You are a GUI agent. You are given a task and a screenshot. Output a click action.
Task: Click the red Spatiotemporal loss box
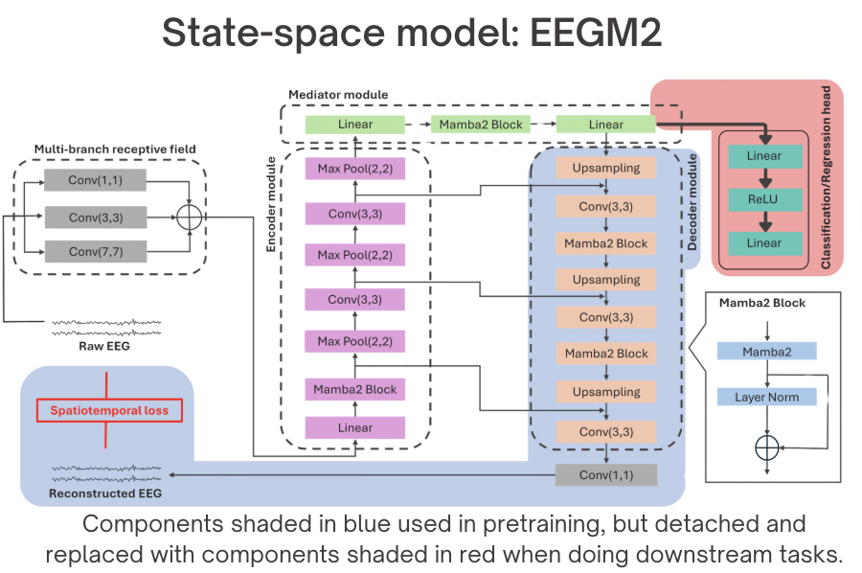pyautogui.click(x=103, y=411)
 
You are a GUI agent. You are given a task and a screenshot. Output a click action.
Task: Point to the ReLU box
pyautogui.click(x=764, y=199)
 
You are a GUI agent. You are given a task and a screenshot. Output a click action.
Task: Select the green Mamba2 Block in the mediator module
pyautogui.click(x=481, y=125)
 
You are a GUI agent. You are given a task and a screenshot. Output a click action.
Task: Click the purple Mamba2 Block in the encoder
pyautogui.click(x=354, y=389)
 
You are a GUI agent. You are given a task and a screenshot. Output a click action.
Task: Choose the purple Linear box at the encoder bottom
pyautogui.click(x=354, y=428)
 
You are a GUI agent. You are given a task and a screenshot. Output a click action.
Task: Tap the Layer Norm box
pyautogui.click(x=766, y=397)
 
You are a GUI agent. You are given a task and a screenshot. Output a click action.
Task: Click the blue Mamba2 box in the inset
pyautogui.click(x=766, y=352)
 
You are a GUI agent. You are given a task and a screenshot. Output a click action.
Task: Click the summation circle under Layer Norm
pyautogui.click(x=767, y=447)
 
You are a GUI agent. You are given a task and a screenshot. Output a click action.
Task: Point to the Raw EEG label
pyautogui.click(x=104, y=347)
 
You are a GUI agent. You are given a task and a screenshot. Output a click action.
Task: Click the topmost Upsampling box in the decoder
pyautogui.click(x=605, y=168)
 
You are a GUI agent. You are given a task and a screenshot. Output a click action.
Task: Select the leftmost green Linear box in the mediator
pyautogui.click(x=354, y=125)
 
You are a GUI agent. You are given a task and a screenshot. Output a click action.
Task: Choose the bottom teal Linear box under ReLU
pyautogui.click(x=764, y=242)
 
